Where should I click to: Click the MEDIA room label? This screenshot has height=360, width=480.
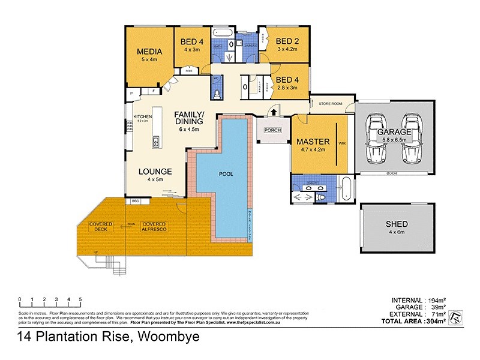148,50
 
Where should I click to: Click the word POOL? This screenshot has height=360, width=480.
226,174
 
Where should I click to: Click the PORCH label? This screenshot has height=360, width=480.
272,130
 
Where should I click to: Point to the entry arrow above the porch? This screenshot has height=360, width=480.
272,111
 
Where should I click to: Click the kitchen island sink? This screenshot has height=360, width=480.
155,143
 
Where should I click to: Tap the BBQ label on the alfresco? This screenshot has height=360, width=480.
135,201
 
